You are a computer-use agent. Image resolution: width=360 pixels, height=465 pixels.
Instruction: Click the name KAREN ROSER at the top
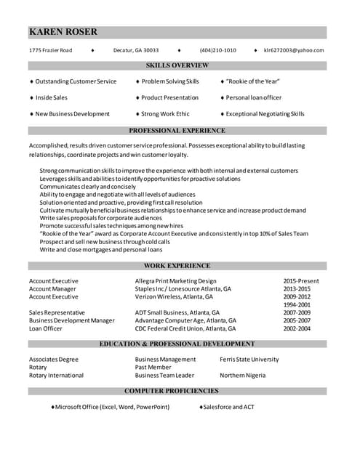click(63, 32)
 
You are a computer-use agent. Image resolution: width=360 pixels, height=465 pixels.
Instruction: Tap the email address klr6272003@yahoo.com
click(294, 50)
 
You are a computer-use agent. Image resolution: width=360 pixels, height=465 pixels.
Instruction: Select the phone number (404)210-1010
click(217, 50)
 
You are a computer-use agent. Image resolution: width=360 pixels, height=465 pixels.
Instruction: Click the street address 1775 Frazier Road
click(50, 50)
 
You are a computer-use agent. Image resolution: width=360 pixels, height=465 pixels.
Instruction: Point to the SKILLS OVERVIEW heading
click(177, 65)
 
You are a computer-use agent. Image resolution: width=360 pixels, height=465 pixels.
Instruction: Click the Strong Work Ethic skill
click(165, 114)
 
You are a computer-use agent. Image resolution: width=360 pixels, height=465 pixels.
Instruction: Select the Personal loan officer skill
click(253, 97)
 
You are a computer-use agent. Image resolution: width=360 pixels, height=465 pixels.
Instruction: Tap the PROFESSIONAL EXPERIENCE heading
click(177, 131)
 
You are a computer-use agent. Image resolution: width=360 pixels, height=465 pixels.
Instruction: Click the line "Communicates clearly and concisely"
click(87, 187)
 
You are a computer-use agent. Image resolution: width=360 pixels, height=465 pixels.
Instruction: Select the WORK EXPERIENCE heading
click(177, 266)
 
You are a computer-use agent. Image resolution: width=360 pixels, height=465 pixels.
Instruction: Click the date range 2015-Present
click(301, 281)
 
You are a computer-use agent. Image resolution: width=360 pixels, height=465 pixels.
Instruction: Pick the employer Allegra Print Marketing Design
click(175, 281)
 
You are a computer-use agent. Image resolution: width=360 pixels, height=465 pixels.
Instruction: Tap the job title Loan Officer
click(46, 328)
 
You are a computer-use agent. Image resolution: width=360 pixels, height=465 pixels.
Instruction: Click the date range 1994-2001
click(297, 305)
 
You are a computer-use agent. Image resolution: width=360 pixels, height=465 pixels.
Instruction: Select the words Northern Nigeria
click(242, 376)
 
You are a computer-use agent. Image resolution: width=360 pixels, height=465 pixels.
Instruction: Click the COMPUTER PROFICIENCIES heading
click(177, 392)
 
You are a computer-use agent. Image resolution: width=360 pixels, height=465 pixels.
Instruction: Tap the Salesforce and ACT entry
click(228, 407)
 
